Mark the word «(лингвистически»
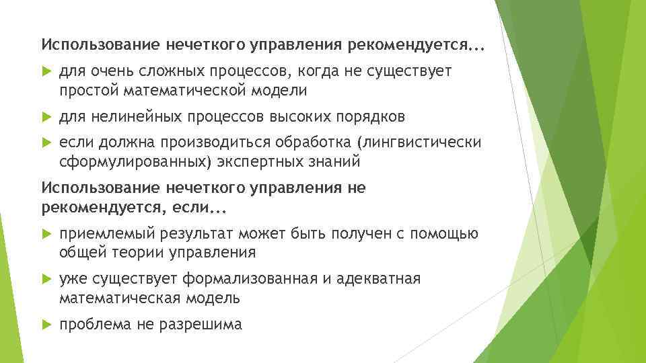coord(419,143)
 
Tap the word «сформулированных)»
coord(130,161)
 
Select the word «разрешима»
coord(200,324)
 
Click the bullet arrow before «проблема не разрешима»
coord(46,324)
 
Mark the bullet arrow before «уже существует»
coord(46,279)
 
